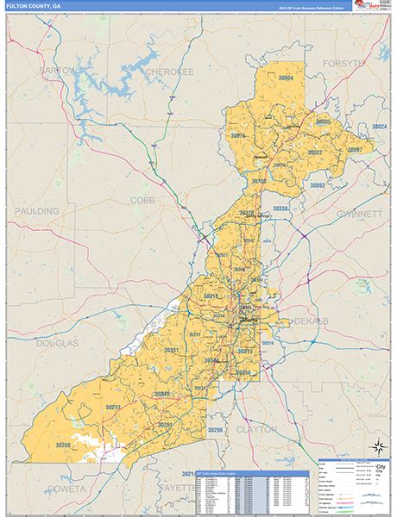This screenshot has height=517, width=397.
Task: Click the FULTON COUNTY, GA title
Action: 34,6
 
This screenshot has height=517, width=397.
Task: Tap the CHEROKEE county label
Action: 168,72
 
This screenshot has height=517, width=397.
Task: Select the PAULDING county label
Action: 36,211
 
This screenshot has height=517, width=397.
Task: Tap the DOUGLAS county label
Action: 57,342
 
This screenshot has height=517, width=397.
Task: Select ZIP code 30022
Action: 310,153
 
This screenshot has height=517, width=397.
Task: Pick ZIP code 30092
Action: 318,185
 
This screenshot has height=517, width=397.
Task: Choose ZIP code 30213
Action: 113,406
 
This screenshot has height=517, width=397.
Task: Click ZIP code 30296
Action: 216,429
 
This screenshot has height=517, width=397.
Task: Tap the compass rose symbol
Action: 377,446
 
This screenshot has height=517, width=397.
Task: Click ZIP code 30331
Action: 171,350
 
